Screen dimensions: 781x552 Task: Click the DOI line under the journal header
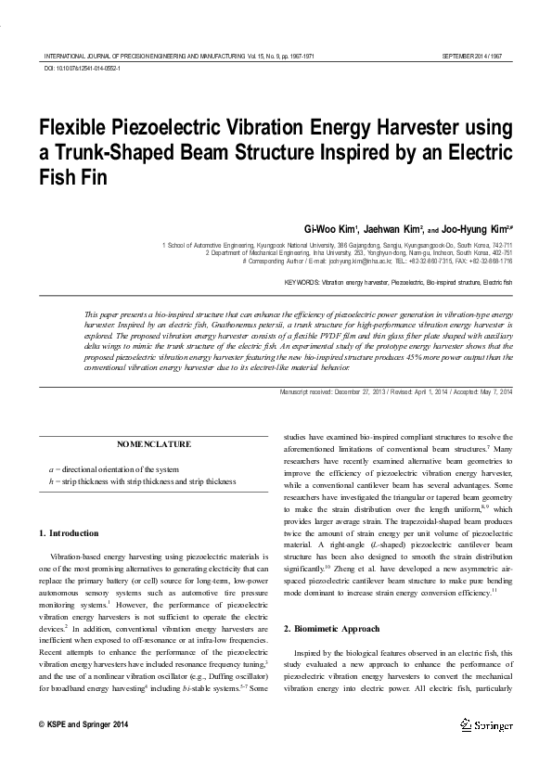point(83,69)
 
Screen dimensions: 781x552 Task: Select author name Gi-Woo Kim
point(329,228)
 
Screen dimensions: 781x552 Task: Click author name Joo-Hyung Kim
point(478,228)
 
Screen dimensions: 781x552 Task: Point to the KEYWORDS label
point(302,280)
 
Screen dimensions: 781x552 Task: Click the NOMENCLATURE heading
point(154,444)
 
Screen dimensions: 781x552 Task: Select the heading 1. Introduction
point(71,533)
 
